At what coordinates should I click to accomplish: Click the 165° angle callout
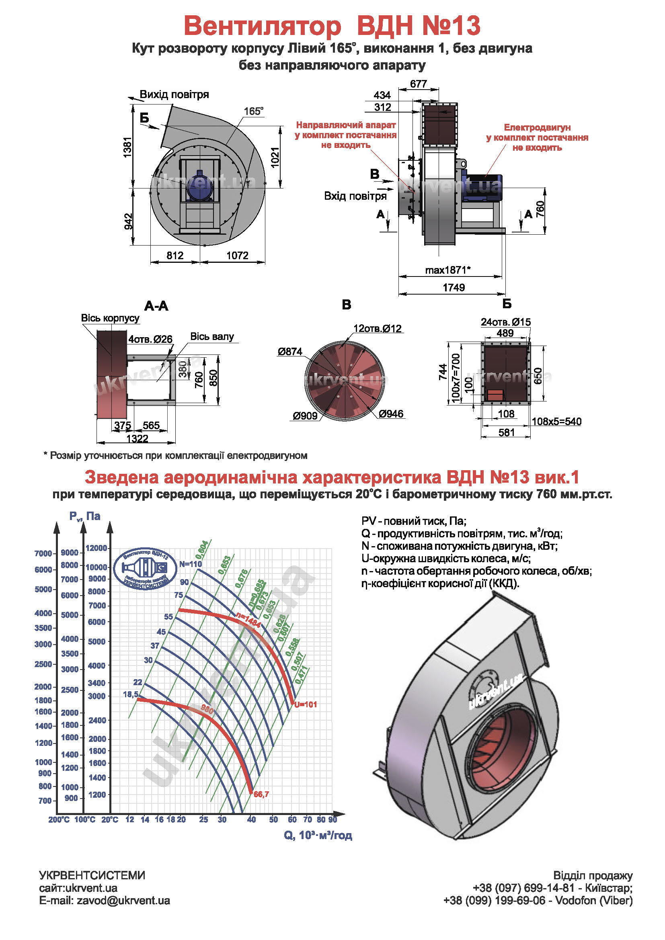(253, 111)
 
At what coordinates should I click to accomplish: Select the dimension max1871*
(447, 270)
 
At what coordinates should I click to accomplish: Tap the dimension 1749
(454, 287)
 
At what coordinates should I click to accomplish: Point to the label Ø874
(290, 352)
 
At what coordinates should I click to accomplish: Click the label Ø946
(391, 414)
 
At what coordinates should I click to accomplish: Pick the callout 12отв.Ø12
(377, 328)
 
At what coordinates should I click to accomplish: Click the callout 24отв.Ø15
(505, 322)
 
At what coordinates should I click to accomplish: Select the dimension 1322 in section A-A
(137, 439)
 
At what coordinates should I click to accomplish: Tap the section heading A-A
(156, 306)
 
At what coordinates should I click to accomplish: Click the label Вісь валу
(212, 336)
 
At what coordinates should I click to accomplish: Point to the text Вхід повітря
(355, 196)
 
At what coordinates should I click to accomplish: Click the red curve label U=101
(306, 704)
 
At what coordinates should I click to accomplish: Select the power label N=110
(191, 564)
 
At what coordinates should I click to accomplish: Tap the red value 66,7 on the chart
(261, 795)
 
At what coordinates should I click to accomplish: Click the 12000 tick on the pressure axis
(96, 548)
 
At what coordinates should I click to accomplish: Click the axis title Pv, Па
(85, 516)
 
